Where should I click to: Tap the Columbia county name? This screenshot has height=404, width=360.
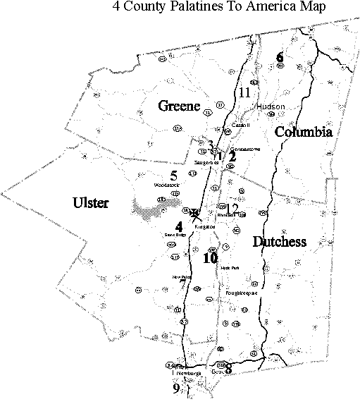point(303,132)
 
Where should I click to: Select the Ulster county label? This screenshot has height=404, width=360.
point(91,204)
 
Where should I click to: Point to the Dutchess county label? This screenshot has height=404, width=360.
point(279,242)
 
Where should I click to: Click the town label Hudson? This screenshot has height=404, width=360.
point(271,106)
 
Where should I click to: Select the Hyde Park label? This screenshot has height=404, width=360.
point(230,267)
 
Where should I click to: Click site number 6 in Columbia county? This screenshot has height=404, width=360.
point(280,57)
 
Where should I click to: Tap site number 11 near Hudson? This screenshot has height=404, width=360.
point(244,92)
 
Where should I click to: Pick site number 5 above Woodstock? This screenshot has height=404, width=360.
point(173,175)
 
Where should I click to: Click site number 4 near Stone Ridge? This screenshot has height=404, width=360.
point(179,227)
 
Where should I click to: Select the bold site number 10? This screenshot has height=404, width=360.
point(210,258)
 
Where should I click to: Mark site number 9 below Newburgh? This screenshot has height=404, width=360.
point(176,388)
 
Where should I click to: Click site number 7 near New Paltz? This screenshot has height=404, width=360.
point(183,286)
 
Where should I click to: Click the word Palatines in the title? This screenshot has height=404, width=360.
point(194,8)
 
